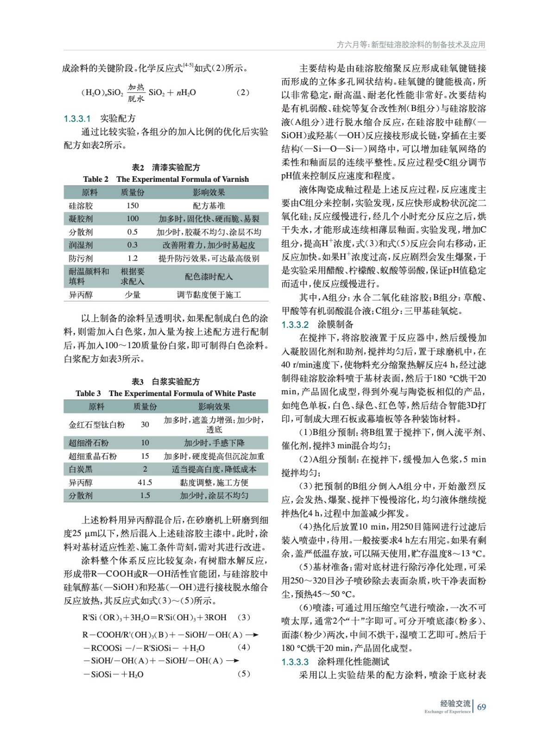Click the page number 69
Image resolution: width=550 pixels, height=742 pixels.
(x=482, y=707)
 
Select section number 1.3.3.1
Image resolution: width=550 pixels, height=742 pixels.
(x=77, y=119)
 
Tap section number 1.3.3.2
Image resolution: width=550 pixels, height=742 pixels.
(x=295, y=324)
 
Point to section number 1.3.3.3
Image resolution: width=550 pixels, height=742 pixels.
(x=295, y=662)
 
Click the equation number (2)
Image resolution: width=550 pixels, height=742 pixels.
(x=243, y=92)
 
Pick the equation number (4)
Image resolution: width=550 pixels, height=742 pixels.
(x=244, y=647)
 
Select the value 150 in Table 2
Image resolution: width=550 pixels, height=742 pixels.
(x=133, y=205)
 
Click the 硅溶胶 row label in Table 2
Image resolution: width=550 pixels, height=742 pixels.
(x=81, y=205)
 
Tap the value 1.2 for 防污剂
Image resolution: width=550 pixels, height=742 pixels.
(x=133, y=258)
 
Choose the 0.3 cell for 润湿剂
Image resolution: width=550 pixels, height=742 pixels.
(x=133, y=245)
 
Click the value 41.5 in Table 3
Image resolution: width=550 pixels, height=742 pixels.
(x=145, y=482)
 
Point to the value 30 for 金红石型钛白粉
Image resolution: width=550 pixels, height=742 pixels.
(x=145, y=424)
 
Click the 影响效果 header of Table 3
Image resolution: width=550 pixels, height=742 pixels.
(x=214, y=407)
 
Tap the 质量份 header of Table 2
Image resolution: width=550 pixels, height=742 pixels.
(x=133, y=192)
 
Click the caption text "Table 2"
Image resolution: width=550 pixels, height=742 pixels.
(x=96, y=179)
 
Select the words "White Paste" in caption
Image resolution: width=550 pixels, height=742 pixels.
(x=236, y=393)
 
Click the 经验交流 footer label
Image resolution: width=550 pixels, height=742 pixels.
(x=455, y=704)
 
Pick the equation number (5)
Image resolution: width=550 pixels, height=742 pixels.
(x=244, y=674)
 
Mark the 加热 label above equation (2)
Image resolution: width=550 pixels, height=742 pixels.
(x=136, y=87)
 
